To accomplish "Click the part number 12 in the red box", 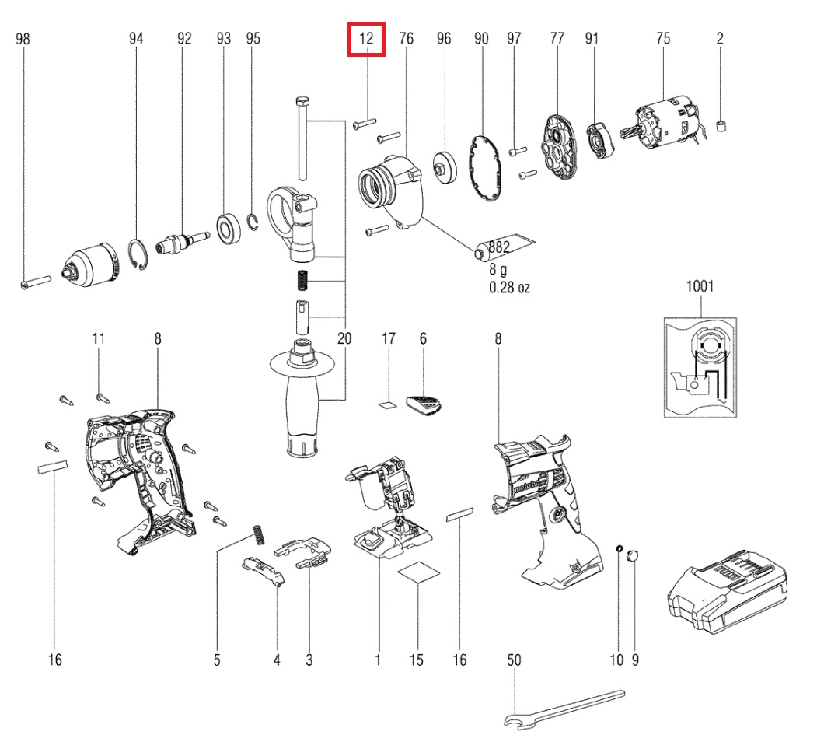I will [366, 38].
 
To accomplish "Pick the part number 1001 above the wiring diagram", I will [699, 286].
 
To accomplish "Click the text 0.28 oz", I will [509, 288].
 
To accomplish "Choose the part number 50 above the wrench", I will [514, 660].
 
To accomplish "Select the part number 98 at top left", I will [23, 38].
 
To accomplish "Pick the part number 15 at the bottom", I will [417, 660].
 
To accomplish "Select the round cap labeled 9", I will [632, 555].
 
